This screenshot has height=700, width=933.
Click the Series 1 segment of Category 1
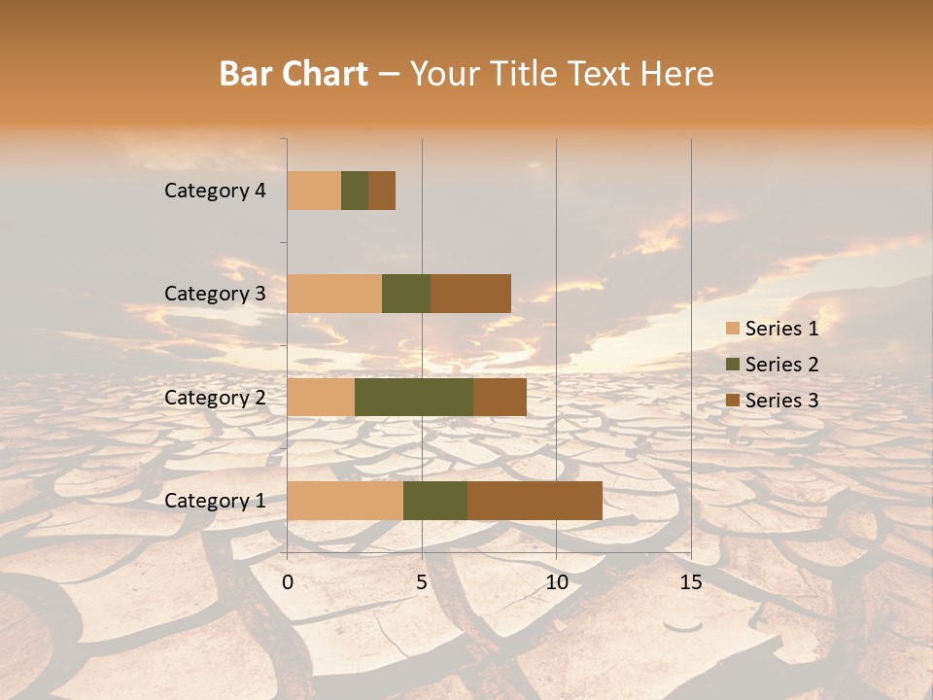coord(345,501)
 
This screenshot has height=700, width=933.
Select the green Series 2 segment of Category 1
coord(435,501)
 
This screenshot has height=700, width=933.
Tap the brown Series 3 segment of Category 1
coord(535,501)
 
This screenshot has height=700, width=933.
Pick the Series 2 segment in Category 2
coord(414,397)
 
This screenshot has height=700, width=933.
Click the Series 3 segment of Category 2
coord(500,397)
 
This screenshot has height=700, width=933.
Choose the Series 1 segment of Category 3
coord(334,294)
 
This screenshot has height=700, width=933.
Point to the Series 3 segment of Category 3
coord(470,294)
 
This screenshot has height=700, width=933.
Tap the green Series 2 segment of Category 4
coord(355,191)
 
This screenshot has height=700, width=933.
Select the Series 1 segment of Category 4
coord(314,191)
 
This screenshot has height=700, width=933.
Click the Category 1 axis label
coord(215,501)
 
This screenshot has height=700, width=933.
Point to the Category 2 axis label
coord(215,397)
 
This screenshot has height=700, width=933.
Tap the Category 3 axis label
coord(215,294)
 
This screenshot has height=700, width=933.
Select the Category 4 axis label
coord(215,191)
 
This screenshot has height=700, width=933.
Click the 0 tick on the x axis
coord(288,582)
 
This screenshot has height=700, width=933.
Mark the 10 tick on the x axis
coord(556,582)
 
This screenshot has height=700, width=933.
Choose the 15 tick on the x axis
coord(691,582)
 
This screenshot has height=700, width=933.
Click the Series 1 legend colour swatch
coord(733,329)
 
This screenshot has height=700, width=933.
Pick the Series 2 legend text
coord(781,365)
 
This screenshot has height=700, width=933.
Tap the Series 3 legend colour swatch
coord(733,401)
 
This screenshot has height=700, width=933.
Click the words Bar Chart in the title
coord(294,74)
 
